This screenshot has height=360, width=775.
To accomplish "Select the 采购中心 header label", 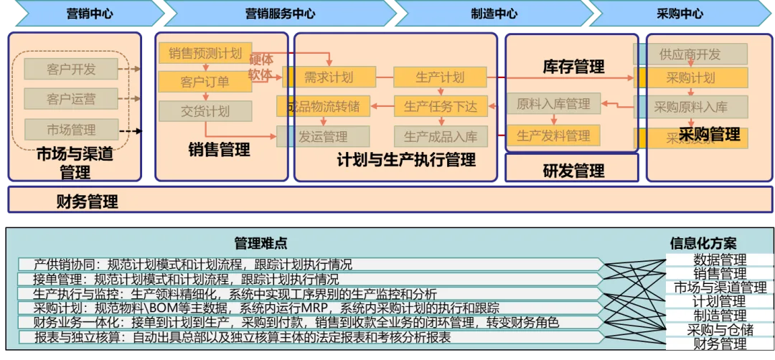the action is click(680, 14).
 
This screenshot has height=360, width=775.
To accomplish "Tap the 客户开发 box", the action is click(70, 69).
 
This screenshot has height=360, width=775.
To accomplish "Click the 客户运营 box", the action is click(70, 99).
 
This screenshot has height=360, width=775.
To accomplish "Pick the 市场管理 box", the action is click(70, 130).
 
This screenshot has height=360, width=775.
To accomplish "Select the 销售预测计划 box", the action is click(205, 53).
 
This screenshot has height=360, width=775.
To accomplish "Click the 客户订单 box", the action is click(205, 82).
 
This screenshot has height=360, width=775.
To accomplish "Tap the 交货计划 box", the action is click(205, 111).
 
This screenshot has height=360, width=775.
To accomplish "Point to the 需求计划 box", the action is click(329, 77).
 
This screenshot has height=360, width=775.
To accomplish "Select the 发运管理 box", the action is click(323, 136).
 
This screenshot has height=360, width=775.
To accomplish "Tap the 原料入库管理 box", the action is click(553, 104).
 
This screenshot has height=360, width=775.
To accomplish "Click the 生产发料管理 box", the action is click(553, 135).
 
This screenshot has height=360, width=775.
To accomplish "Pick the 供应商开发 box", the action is click(690, 54).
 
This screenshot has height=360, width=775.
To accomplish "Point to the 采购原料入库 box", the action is click(690, 107).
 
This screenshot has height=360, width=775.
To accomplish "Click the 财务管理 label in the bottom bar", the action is click(87, 202).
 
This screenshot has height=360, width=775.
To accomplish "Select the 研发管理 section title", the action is click(573, 171).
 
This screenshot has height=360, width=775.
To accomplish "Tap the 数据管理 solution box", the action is click(720, 260).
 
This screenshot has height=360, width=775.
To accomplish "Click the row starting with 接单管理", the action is click(309, 279).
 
